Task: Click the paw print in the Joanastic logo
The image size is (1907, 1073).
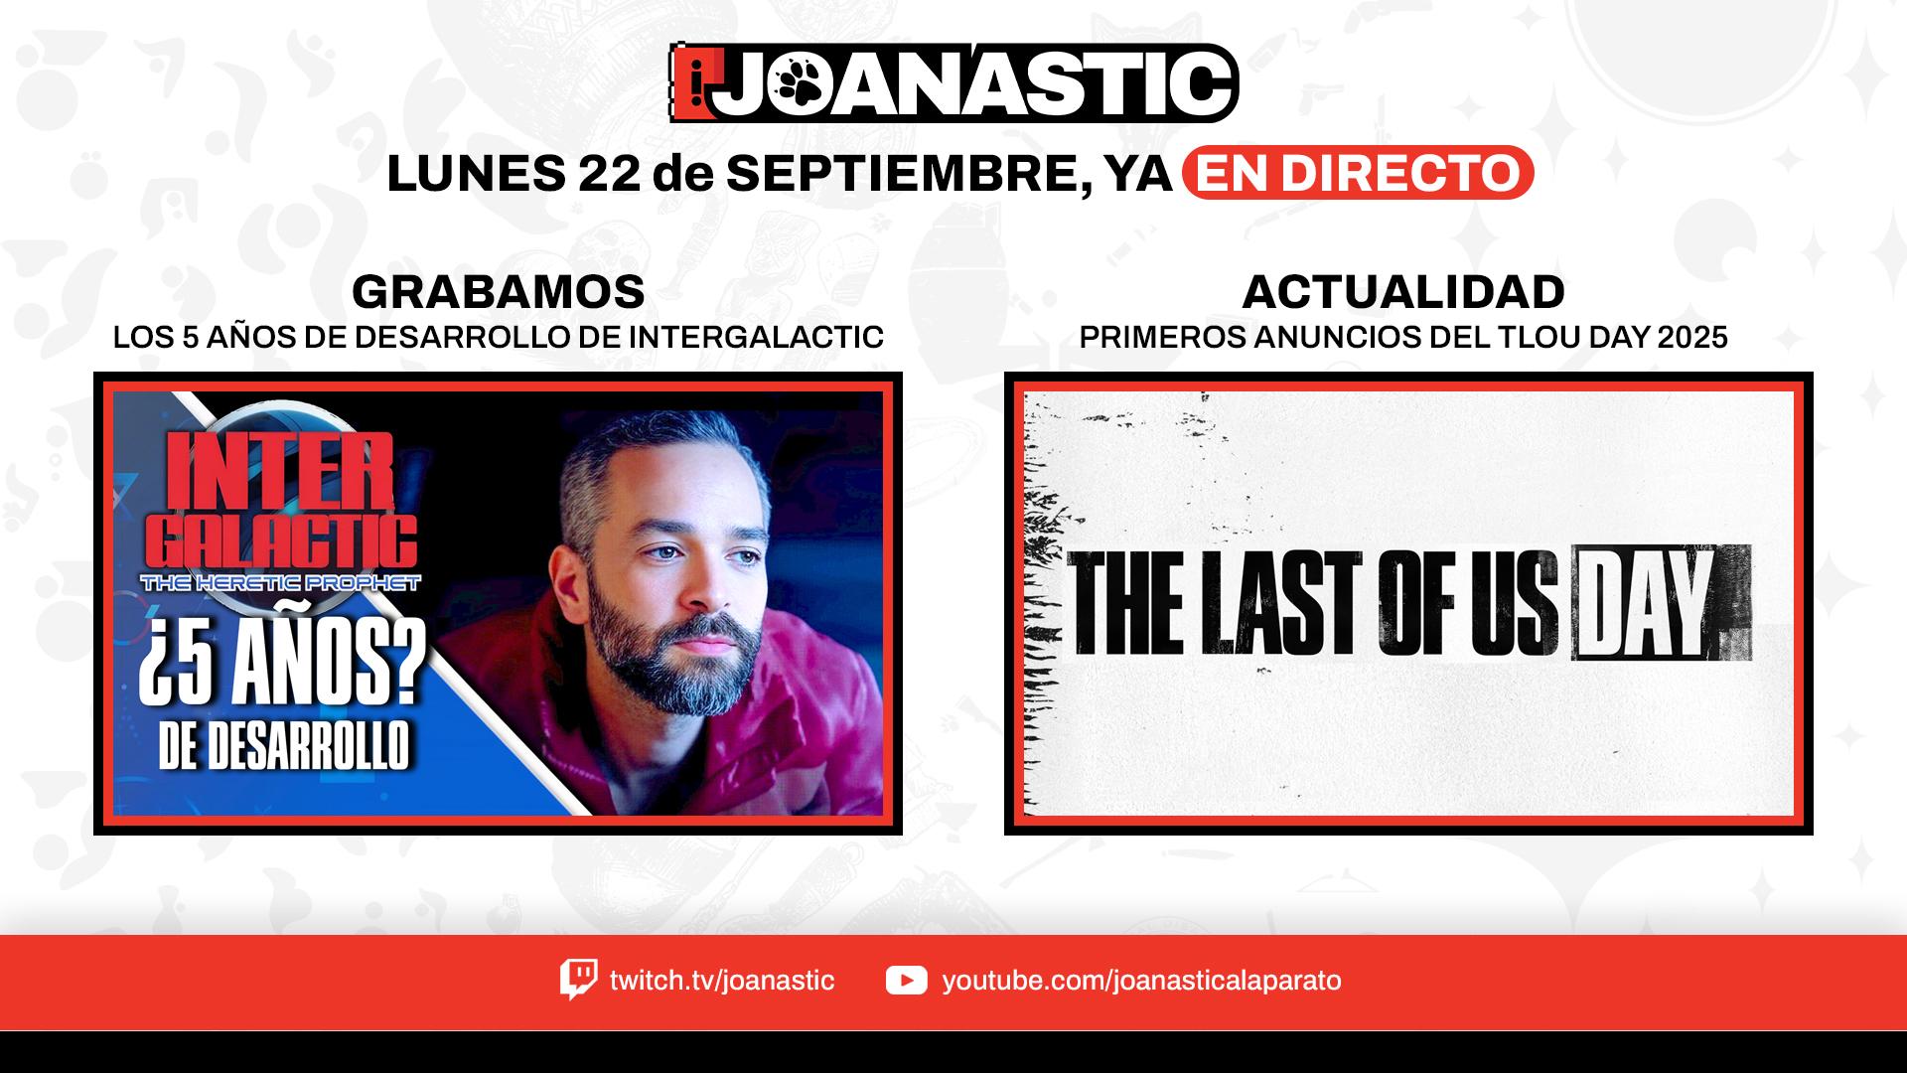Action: (x=802, y=83)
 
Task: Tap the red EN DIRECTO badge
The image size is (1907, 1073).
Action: (x=1358, y=173)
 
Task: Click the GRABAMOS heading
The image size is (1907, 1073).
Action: (x=499, y=292)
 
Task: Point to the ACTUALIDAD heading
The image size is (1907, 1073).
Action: (x=1403, y=292)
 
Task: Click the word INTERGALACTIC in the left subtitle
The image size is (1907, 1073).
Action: (x=756, y=338)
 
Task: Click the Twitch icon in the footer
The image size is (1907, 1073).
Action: (x=578, y=980)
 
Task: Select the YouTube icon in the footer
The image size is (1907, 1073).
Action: (x=906, y=981)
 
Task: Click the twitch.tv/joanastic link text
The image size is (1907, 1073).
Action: (x=722, y=981)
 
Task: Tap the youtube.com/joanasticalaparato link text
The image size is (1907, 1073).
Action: (x=1141, y=981)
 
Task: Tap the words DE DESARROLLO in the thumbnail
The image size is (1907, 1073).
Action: (x=284, y=745)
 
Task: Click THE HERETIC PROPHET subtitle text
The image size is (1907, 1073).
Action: (x=281, y=583)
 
